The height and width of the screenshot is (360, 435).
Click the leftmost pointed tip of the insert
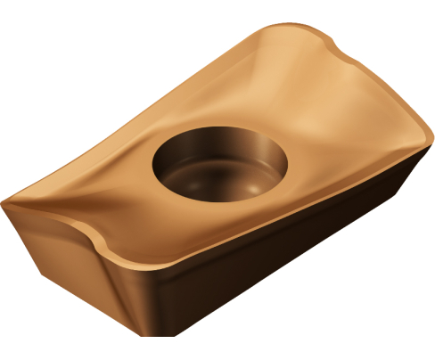click(x=7, y=199)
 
